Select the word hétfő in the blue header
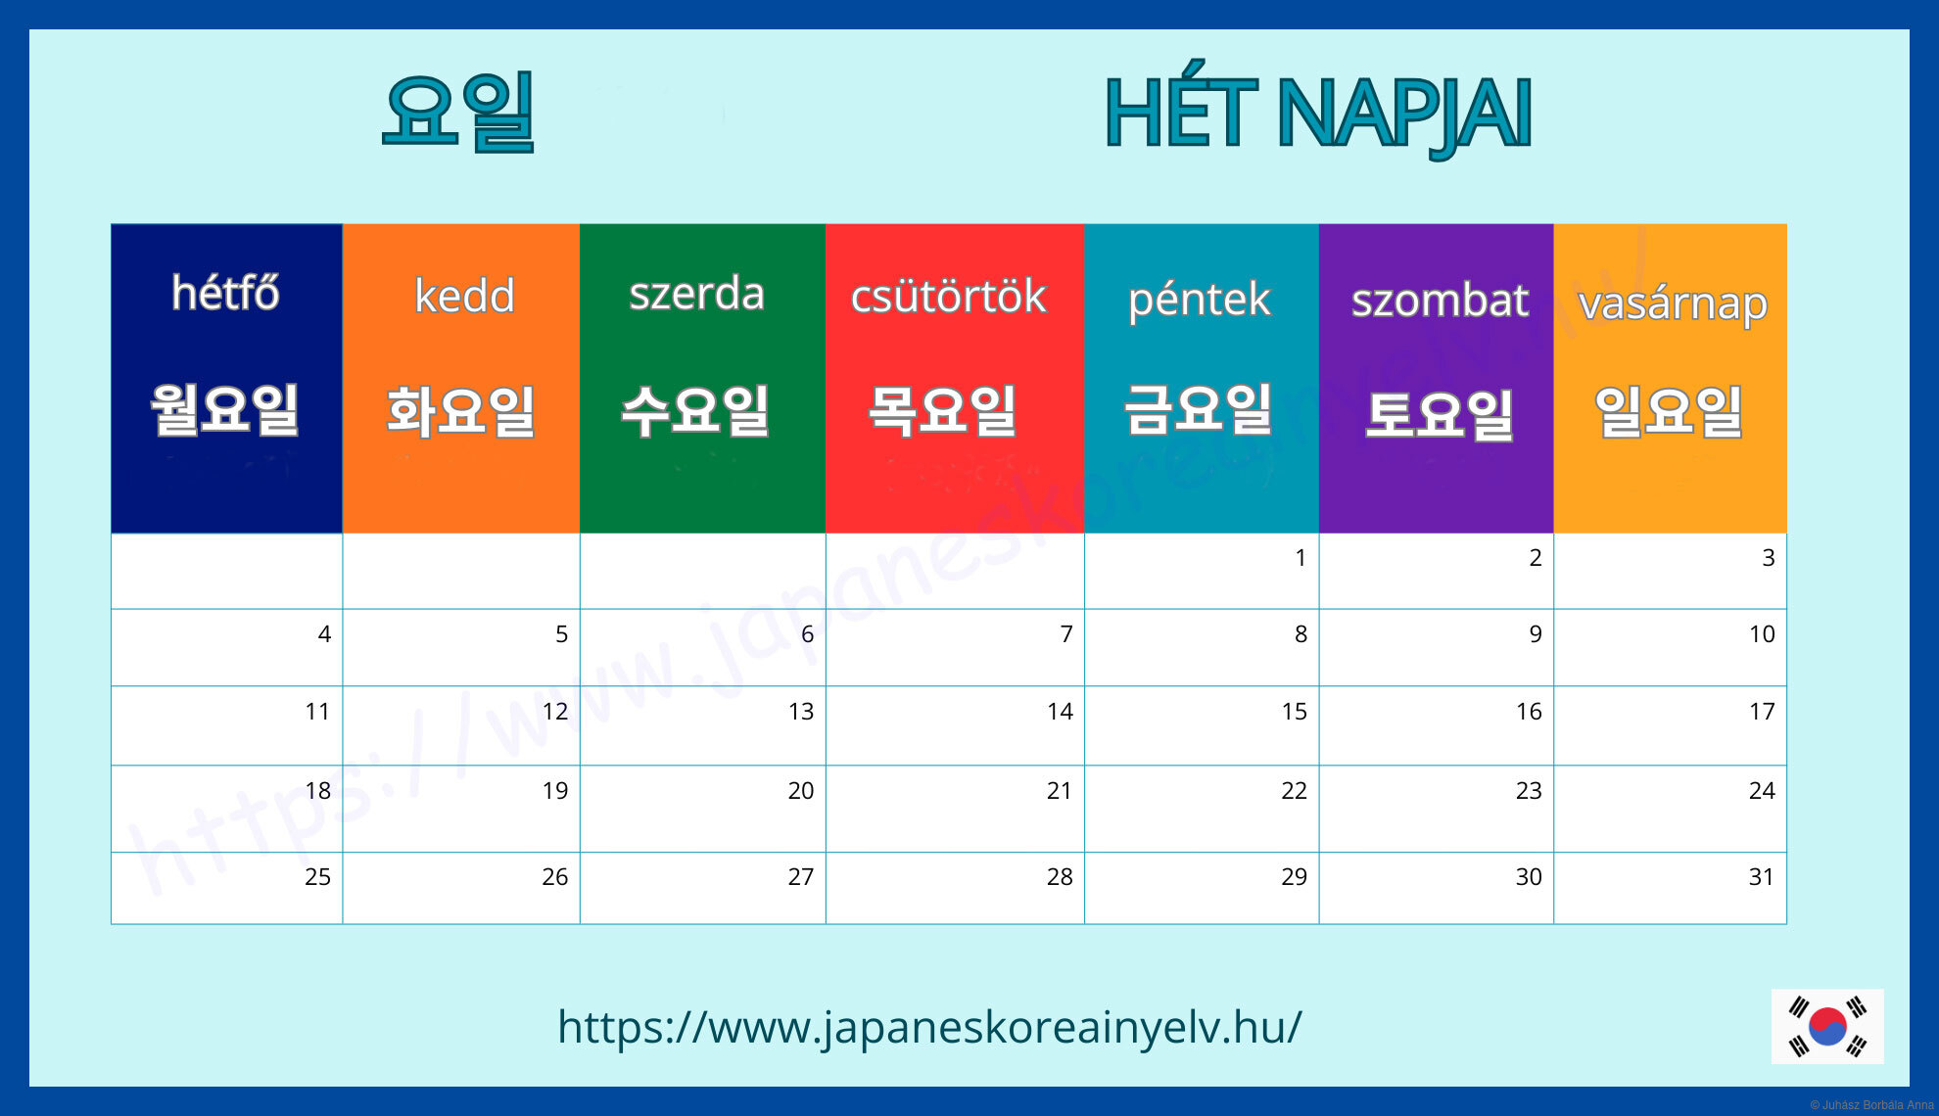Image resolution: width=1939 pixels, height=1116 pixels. [225, 293]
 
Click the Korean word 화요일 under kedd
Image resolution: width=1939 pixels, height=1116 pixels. [460, 411]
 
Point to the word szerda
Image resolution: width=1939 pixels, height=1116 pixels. [696, 294]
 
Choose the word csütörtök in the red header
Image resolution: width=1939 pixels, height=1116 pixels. [949, 296]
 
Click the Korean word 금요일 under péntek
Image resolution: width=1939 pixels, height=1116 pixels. [1199, 408]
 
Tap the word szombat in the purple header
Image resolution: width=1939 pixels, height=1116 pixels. [1440, 300]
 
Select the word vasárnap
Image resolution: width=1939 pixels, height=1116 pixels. [1673, 304]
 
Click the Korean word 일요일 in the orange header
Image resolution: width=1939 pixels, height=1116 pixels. [1669, 411]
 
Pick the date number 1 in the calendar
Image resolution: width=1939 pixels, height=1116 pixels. [1301, 558]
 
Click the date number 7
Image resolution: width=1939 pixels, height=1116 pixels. [1066, 634]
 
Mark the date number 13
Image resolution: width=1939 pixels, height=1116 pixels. [801, 712]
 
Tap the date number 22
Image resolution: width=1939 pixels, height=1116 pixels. [1294, 791]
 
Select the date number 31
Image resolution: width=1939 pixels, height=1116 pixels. [1762, 877]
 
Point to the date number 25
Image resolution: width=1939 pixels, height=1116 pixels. [317, 877]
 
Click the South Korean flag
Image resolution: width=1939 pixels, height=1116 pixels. [1827, 1027]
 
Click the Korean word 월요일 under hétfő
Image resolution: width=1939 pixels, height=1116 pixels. [224, 409]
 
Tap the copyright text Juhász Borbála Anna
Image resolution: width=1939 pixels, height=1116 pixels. [1871, 1105]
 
